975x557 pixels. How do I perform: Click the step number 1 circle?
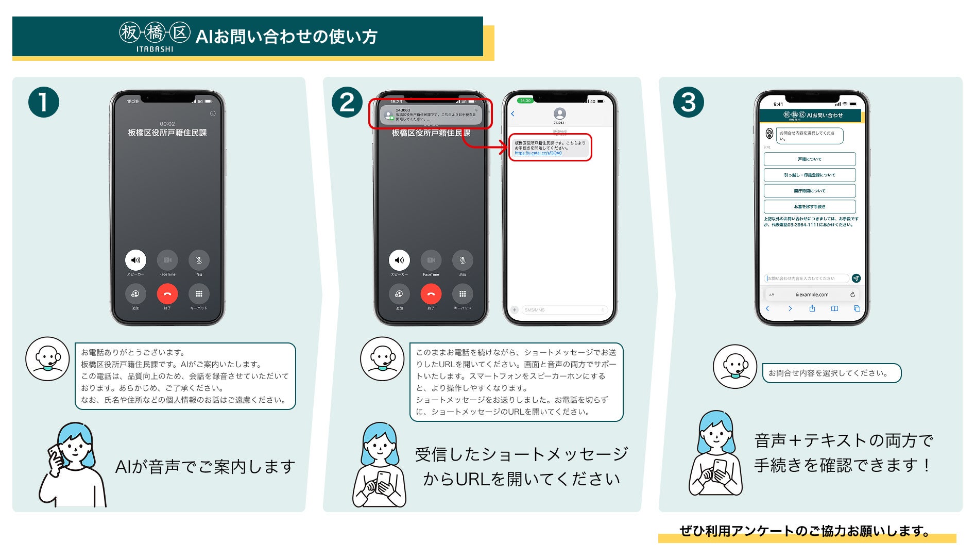[x=44, y=102]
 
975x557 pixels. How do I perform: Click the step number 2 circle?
[x=347, y=102]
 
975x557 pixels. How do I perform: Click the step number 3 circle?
[x=689, y=102]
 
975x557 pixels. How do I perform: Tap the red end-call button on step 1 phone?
[x=167, y=294]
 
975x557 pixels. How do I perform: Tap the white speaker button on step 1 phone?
[x=135, y=260]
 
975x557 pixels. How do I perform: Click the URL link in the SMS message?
[x=538, y=153]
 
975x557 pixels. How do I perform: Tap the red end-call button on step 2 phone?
[x=431, y=294]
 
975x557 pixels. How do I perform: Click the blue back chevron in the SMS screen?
[x=512, y=114]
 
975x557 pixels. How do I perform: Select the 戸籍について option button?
[x=810, y=159]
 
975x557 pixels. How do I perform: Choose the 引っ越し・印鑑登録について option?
[x=810, y=175]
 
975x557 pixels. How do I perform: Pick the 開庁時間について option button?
[x=810, y=191]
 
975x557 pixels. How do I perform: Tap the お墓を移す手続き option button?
[x=810, y=207]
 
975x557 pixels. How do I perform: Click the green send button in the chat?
[x=856, y=278]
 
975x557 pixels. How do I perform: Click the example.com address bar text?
[x=814, y=295]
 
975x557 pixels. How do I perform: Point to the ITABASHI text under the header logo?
[x=155, y=50]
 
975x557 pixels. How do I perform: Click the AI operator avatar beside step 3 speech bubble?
[x=735, y=367]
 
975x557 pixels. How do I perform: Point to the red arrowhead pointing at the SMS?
[x=504, y=148]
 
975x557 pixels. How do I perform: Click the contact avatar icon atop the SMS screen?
[x=559, y=113]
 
